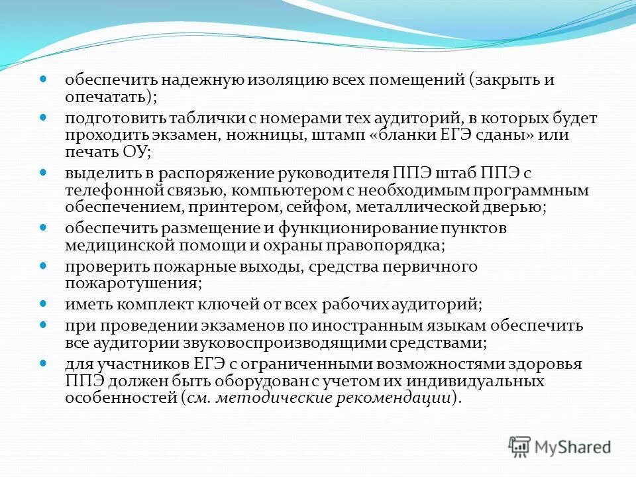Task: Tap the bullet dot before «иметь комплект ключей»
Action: click(x=44, y=305)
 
